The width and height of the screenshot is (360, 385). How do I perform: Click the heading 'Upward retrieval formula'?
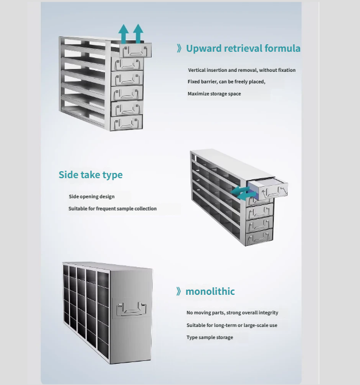(x=243, y=48)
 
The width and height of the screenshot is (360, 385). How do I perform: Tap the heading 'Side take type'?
(x=90, y=175)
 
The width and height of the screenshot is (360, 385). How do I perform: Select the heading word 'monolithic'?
(x=210, y=291)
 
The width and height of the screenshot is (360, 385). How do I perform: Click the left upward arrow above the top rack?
(x=123, y=33)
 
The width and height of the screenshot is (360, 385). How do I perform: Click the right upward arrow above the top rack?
(x=138, y=33)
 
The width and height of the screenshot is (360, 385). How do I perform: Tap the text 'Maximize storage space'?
(x=214, y=94)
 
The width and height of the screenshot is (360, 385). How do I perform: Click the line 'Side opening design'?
(x=91, y=197)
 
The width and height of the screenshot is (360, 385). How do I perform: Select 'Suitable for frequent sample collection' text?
(x=113, y=209)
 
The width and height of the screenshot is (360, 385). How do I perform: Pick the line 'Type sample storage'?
(x=210, y=337)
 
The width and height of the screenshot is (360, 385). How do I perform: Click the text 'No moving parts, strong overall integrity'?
(x=232, y=313)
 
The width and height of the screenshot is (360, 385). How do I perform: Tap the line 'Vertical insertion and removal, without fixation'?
(x=242, y=70)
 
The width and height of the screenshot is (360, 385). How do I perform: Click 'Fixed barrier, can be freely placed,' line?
(x=226, y=82)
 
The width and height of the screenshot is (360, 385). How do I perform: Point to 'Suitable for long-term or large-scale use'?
(x=231, y=325)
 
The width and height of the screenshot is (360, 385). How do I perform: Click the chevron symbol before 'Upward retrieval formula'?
(x=179, y=49)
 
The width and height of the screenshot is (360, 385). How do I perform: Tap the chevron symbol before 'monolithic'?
(x=179, y=292)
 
